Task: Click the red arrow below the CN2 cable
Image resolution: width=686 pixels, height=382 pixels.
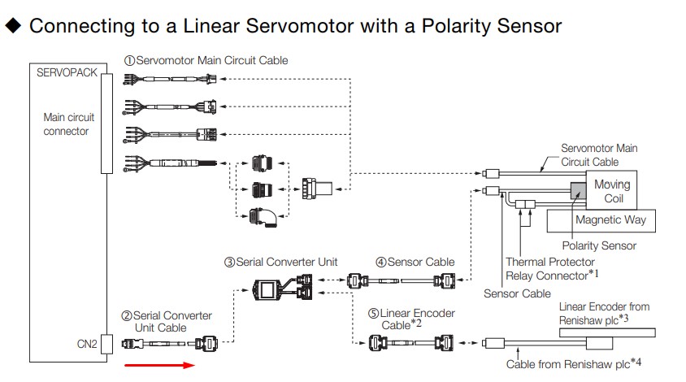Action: tap(159, 365)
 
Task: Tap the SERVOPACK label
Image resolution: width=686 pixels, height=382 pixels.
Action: tap(67, 72)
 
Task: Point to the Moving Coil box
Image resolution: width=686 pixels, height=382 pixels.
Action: tap(611, 191)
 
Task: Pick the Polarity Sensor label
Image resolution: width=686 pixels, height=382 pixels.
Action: tap(599, 245)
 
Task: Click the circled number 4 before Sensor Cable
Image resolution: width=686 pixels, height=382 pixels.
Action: tap(380, 262)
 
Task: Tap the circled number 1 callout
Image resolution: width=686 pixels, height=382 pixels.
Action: tap(129, 60)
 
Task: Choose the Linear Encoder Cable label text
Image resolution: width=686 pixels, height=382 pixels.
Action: tap(417, 318)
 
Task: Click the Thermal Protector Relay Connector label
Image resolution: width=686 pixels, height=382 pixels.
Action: tap(551, 269)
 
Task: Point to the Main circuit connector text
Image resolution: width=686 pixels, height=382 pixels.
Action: tap(66, 124)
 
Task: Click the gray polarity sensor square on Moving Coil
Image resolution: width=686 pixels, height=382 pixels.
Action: tap(580, 189)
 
